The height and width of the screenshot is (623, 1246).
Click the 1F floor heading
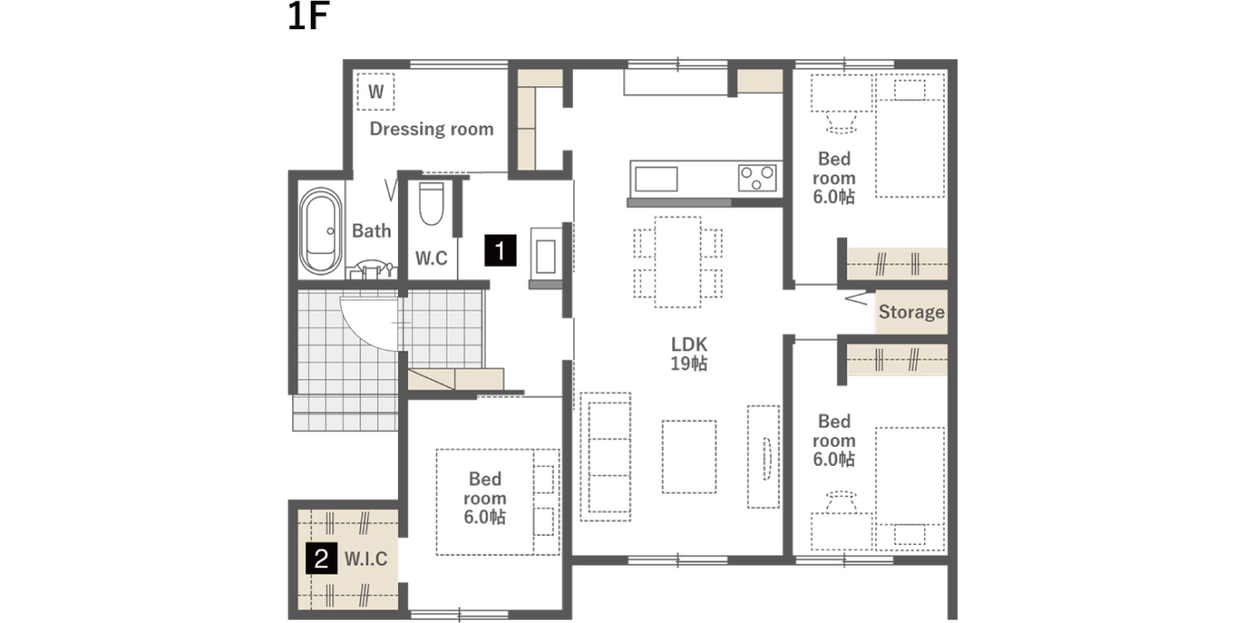309,16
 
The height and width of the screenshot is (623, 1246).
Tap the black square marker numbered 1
500,250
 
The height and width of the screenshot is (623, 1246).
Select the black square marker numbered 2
321,558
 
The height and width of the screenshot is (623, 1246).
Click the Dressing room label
431,129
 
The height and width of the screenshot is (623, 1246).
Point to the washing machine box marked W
375,91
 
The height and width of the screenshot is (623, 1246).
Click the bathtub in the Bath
321,231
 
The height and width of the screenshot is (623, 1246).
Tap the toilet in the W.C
431,204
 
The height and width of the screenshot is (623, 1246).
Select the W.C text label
431,258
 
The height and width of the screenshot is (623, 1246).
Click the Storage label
911,312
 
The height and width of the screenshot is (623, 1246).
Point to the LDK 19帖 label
689,354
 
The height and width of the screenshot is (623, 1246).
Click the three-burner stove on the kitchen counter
757,178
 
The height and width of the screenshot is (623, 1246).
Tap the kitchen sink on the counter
656,179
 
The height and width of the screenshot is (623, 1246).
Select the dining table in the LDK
678,262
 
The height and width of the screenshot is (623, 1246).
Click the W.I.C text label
365,559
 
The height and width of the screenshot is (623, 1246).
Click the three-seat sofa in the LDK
606,457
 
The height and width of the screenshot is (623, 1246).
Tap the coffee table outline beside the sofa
689,457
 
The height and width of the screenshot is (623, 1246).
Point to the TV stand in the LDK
763,457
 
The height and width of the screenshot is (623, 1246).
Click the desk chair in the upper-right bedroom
841,123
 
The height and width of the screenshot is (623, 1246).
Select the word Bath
371,230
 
